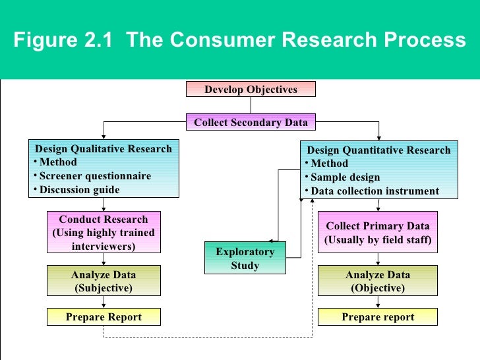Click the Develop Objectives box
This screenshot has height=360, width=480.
tap(251, 89)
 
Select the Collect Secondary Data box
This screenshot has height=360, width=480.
tap(251, 123)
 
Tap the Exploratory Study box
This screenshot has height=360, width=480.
tap(245, 258)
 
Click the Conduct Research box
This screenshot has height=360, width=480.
tap(104, 233)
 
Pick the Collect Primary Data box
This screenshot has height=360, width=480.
tap(378, 233)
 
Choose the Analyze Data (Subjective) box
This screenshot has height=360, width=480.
tap(104, 282)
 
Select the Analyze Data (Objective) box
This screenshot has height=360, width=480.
tap(378, 282)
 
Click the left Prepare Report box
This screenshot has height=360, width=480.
tap(104, 317)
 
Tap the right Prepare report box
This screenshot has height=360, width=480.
tap(378, 317)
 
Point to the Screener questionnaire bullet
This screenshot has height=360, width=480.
tap(95, 176)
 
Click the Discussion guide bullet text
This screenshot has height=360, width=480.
tap(80, 190)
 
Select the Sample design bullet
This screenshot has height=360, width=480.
tap(345, 177)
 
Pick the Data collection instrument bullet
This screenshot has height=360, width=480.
tap(375, 191)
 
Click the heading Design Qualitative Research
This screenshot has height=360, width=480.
tap(104, 148)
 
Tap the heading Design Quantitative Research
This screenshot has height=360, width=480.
tap(379, 150)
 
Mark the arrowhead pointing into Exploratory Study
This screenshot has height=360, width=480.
tap(272, 241)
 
